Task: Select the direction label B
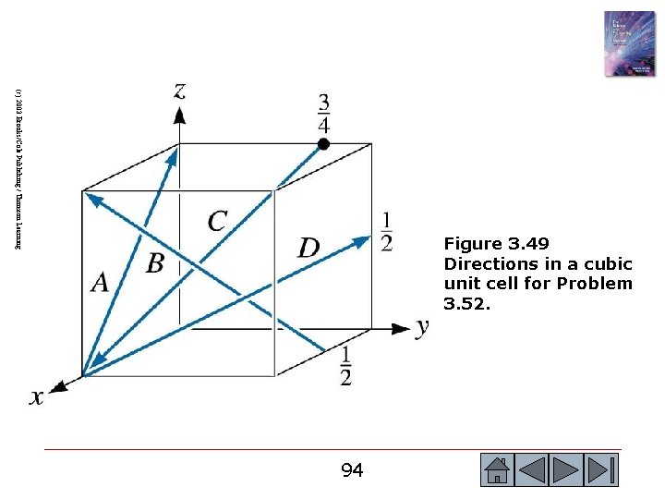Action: point(154,263)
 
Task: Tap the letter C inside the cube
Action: point(217,222)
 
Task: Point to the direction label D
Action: point(308,248)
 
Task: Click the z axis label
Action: point(179,90)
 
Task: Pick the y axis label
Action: point(422,326)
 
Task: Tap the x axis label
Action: point(36,396)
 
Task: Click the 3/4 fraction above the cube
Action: point(323,113)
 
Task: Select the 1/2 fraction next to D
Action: point(386,231)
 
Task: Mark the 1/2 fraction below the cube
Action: point(345,367)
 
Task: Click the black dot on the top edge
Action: point(323,143)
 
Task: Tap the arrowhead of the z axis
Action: point(179,114)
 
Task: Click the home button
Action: point(497,470)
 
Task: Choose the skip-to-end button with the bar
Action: point(600,470)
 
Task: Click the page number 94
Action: point(352,471)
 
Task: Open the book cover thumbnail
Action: point(629,43)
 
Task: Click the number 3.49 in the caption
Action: point(528,244)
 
